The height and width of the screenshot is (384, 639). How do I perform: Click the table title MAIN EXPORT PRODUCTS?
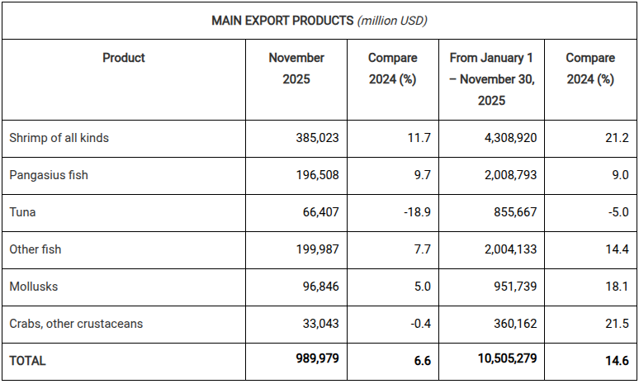click(282, 20)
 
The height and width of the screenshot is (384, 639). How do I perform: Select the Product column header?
click(124, 58)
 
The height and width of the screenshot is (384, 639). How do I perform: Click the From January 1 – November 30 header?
click(492, 79)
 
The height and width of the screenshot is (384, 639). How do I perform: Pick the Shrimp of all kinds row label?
click(59, 138)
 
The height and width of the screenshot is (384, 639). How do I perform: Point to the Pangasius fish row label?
click(49, 175)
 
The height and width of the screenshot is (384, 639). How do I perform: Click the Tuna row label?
click(22, 212)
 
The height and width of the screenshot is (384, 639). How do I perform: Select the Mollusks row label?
click(34, 287)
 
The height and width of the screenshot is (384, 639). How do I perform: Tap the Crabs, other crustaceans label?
click(76, 324)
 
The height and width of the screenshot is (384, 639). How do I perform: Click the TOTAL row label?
click(28, 361)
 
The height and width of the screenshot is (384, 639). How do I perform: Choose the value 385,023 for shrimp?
click(317, 138)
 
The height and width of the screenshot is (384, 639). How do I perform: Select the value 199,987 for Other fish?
click(317, 249)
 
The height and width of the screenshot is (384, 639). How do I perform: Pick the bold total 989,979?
click(315, 359)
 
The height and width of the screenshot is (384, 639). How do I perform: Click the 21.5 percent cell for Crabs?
click(616, 324)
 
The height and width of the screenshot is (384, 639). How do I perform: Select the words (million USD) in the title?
click(392, 20)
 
